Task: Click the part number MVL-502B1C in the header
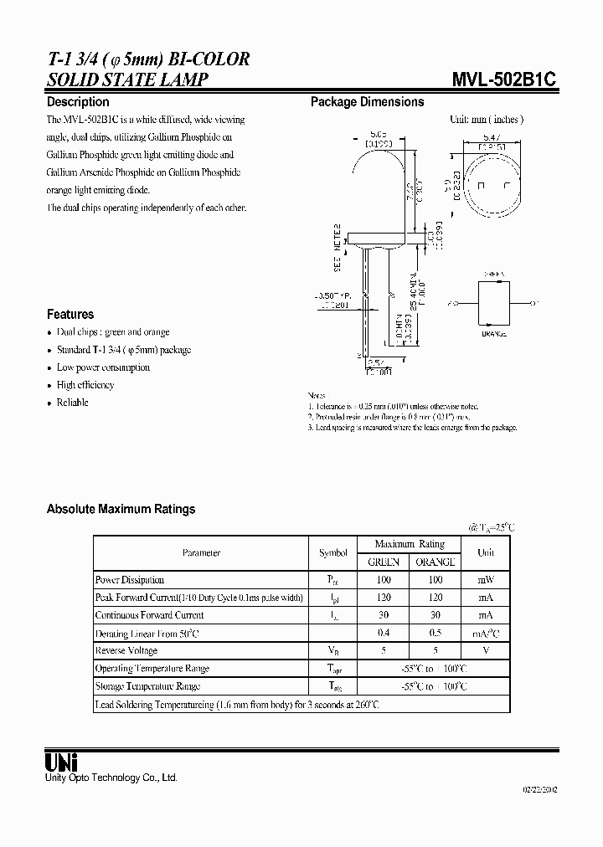pyautogui.click(x=505, y=79)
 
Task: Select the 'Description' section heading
pyautogui.click(x=78, y=102)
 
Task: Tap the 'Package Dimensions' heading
pyautogui.click(x=367, y=102)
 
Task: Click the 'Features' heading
pyautogui.click(x=70, y=315)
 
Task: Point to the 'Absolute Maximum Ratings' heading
pyautogui.click(x=121, y=509)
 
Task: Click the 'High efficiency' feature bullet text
pyautogui.click(x=85, y=385)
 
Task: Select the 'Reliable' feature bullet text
pyautogui.click(x=72, y=403)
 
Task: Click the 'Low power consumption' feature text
pyautogui.click(x=103, y=367)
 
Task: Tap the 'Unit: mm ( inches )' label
pyautogui.click(x=487, y=120)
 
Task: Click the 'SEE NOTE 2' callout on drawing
pyautogui.click(x=338, y=248)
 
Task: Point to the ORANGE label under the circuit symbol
pyautogui.click(x=493, y=334)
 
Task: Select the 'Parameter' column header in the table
pyautogui.click(x=201, y=552)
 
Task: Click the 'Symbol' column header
pyautogui.click(x=332, y=552)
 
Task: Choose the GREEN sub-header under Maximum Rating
pyautogui.click(x=384, y=562)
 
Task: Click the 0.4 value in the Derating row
pyautogui.click(x=384, y=633)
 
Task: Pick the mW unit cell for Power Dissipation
pyautogui.click(x=486, y=579)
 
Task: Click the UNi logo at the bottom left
pyautogui.click(x=61, y=762)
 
